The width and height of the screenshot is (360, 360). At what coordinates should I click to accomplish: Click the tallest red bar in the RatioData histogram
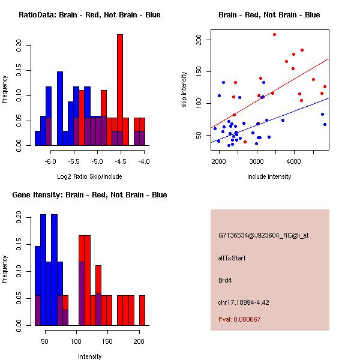click(x=120, y=90)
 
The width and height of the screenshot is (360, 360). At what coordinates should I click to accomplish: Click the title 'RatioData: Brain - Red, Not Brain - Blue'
click(x=89, y=15)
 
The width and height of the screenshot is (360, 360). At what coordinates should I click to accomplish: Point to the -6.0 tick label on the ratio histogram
click(x=50, y=161)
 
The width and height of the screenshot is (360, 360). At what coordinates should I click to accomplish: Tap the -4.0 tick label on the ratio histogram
click(x=144, y=161)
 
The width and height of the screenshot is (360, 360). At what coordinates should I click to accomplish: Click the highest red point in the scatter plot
click(x=274, y=34)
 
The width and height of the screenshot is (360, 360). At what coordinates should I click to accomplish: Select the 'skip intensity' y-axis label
click(x=185, y=90)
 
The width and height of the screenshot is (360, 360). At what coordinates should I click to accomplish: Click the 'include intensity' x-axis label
click(x=269, y=176)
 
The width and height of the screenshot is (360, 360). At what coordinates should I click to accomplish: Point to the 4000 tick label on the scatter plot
click(x=294, y=161)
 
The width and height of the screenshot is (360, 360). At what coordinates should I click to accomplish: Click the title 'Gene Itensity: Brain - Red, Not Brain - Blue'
click(x=89, y=195)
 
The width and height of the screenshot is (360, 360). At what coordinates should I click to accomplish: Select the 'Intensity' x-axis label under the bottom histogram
click(x=89, y=356)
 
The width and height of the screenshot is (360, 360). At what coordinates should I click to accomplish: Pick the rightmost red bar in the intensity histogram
click(x=142, y=310)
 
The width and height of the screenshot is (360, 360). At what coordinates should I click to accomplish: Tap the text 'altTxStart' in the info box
click(x=232, y=258)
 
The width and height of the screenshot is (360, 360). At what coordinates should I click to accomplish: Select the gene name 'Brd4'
click(x=225, y=280)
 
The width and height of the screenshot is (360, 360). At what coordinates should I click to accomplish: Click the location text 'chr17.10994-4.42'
click(x=243, y=302)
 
